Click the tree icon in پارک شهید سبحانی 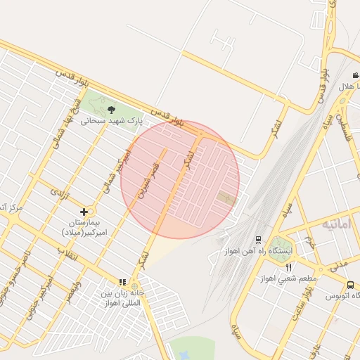[x=111, y=109]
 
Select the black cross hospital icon [x=84, y=211]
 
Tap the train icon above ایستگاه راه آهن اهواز [x=259, y=239]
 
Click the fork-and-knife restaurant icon [x=288, y=267]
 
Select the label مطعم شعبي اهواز [x=288, y=278]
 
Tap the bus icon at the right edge [x=350, y=285]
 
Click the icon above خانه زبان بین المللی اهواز [x=122, y=282]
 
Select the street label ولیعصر [x=74, y=288]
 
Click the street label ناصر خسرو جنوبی [x=14, y=278]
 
